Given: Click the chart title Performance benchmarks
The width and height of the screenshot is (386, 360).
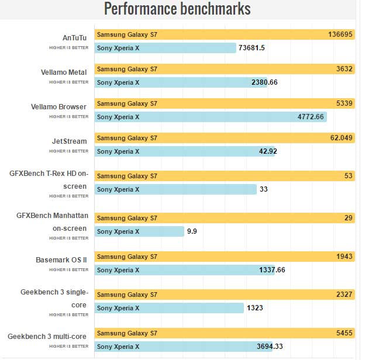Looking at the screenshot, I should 177,9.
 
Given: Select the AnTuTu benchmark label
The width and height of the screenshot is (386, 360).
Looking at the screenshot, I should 74,38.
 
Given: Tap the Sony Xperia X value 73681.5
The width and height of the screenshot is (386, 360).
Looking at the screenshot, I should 252,48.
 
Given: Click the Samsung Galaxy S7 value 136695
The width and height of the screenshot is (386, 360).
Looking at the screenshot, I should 340,34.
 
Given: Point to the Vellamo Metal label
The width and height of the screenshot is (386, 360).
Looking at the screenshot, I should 64,72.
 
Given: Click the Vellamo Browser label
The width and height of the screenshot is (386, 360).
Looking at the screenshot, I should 59,107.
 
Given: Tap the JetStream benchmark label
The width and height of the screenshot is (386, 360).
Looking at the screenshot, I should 70,141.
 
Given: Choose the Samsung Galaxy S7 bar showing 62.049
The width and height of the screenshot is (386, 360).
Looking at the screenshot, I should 225,138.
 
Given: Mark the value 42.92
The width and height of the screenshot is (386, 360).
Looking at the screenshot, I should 268,151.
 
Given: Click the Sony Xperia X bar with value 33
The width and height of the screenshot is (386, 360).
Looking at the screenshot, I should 175,189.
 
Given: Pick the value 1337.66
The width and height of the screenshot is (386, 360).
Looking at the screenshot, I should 272,270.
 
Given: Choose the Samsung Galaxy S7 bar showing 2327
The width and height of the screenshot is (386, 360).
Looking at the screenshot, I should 225,295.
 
